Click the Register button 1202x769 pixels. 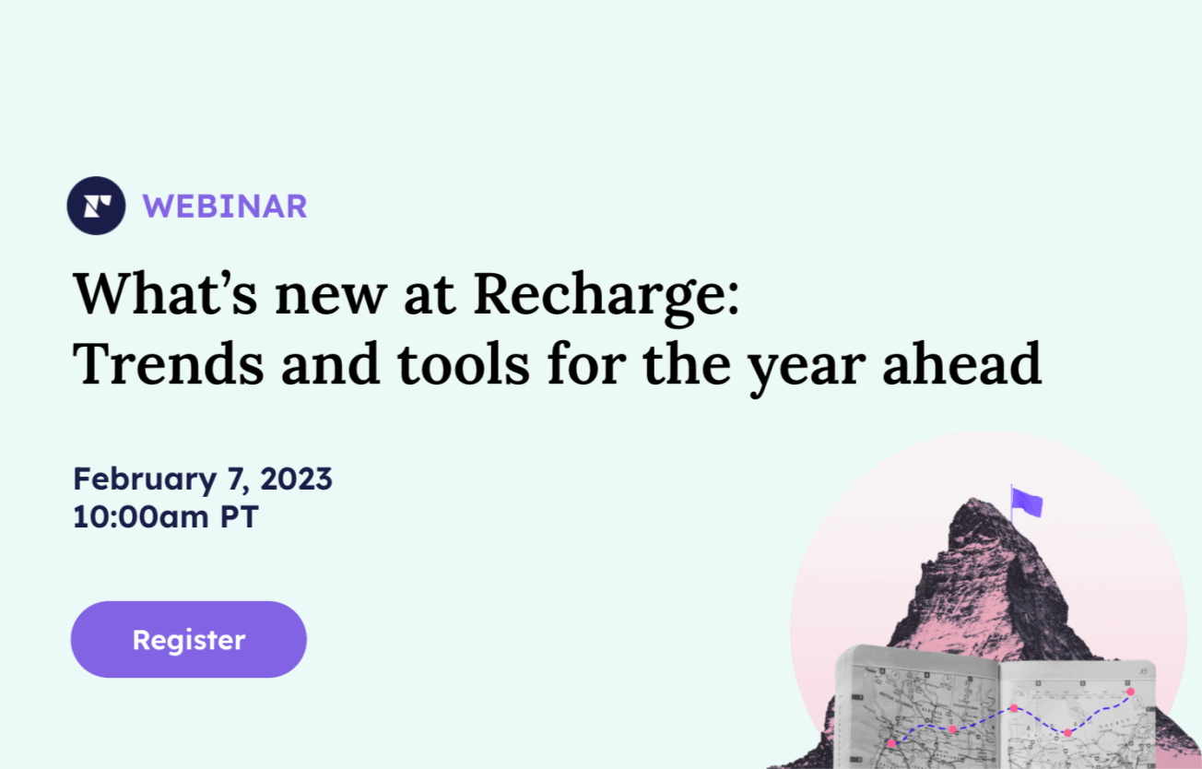pyautogui.click(x=188, y=639)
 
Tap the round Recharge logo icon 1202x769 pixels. pyautogui.click(x=96, y=206)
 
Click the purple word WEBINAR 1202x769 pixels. pyautogui.click(x=225, y=207)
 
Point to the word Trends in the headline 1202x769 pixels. pyautogui.click(x=168, y=364)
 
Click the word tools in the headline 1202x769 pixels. pyautogui.click(x=464, y=364)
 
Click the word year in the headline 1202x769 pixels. pyautogui.click(x=807, y=371)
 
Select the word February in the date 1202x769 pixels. pyautogui.click(x=145, y=480)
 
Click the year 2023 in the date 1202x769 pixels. pyautogui.click(x=296, y=479)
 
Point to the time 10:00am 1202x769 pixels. pyautogui.click(x=141, y=516)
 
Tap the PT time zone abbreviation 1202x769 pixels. pyautogui.click(x=240, y=516)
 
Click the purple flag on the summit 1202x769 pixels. pyautogui.click(x=1027, y=503)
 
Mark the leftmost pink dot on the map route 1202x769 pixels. pyautogui.click(x=891, y=743)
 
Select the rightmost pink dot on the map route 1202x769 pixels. pyautogui.click(x=1131, y=692)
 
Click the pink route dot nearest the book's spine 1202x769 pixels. pyautogui.click(x=1014, y=708)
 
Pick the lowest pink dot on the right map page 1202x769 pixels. pyautogui.click(x=1067, y=732)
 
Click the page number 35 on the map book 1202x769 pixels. pyautogui.click(x=1143, y=671)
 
